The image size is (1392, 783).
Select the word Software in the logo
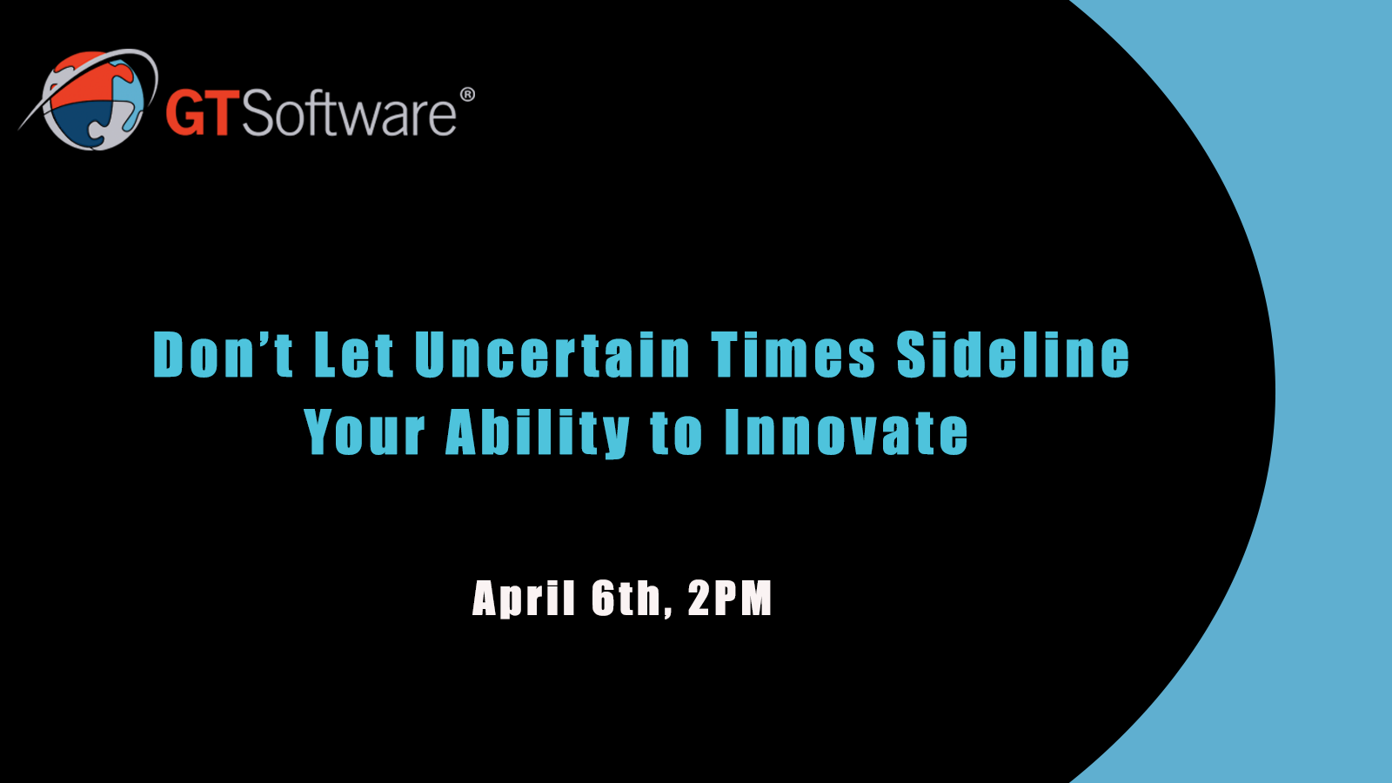(x=349, y=112)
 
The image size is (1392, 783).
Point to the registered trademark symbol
(x=467, y=95)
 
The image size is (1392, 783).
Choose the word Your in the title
(x=365, y=432)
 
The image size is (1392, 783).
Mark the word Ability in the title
(x=539, y=433)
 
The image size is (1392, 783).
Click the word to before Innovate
(x=677, y=433)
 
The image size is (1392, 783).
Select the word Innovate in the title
(x=847, y=432)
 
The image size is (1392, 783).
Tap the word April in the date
(x=524, y=599)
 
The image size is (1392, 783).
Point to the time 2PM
(x=730, y=598)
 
